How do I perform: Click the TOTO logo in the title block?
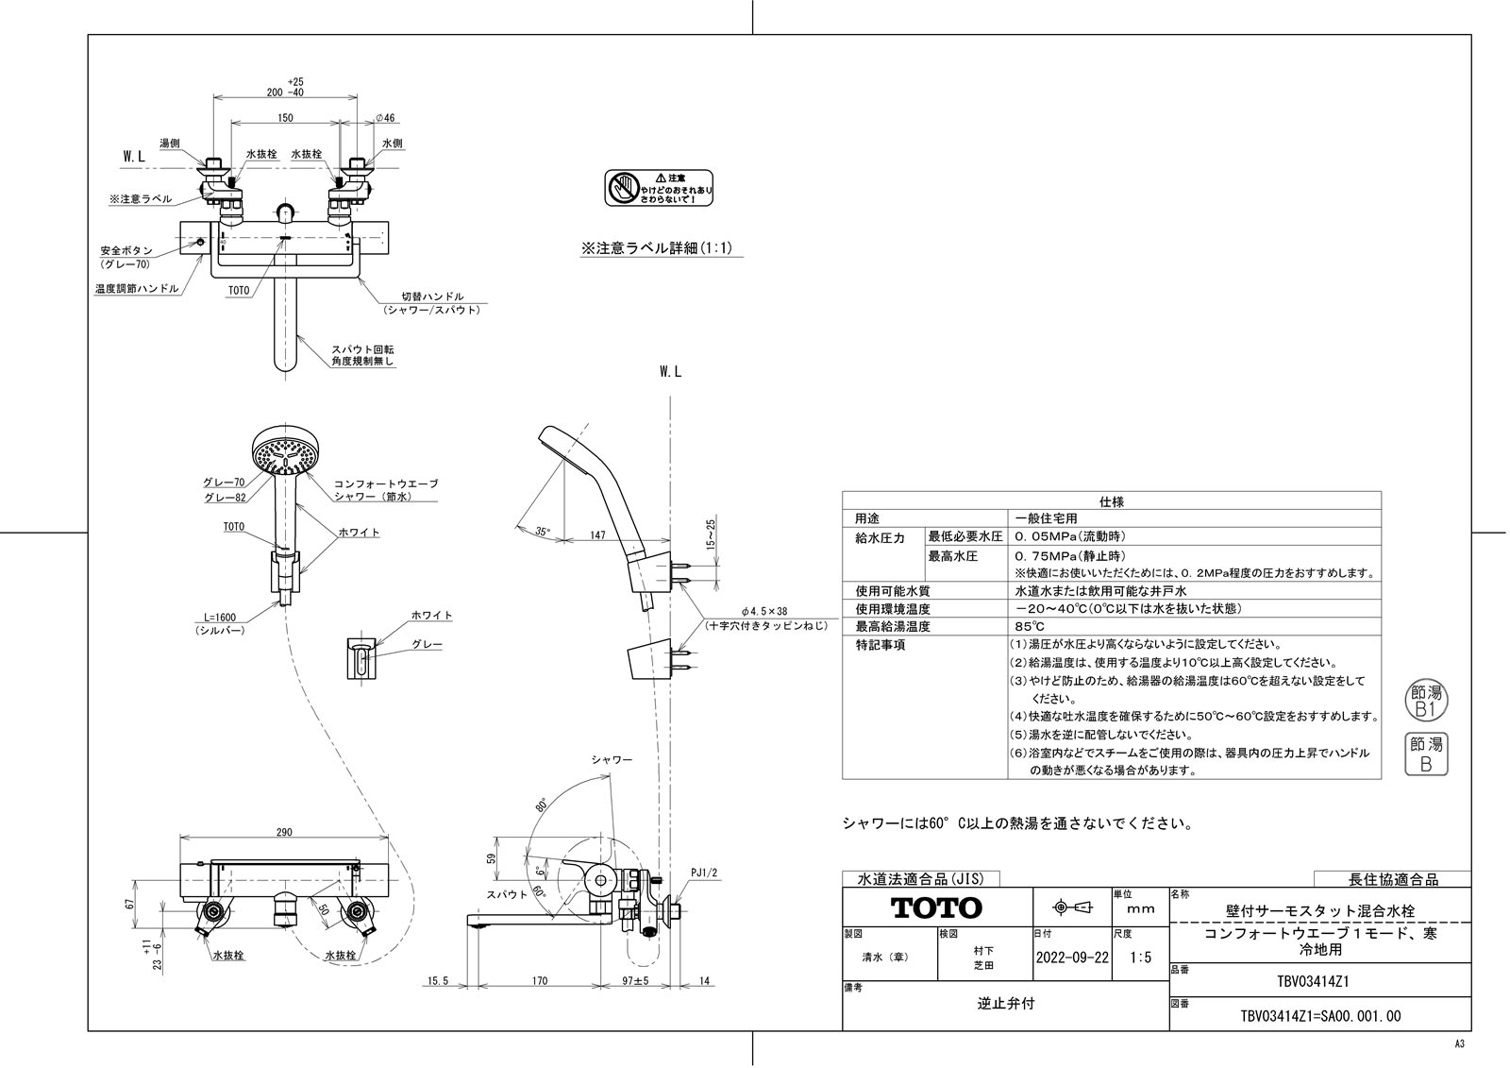point(937,908)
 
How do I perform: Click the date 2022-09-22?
point(1072,957)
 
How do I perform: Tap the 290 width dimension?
point(284,832)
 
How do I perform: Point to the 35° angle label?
point(542,532)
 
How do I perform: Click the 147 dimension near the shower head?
point(596,535)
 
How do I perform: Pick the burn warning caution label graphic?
point(659,188)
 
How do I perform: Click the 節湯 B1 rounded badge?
point(1425,700)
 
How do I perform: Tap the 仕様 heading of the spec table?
point(1111,501)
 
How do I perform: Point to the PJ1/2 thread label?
point(704,873)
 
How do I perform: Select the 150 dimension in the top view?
point(285,118)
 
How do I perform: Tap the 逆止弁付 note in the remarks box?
point(1005,1004)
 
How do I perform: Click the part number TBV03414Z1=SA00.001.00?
point(1319,1016)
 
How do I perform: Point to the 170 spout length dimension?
point(539,981)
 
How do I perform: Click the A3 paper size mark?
point(1459,1043)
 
